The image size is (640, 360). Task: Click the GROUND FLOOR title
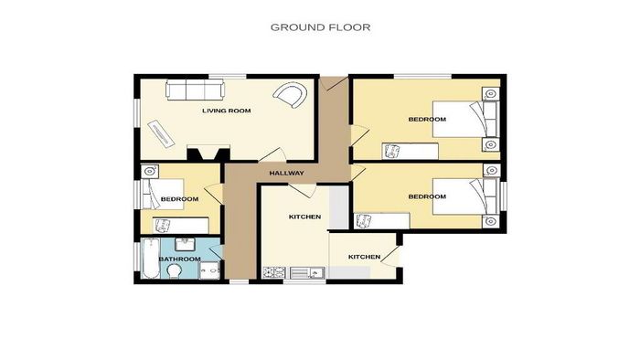[320, 27]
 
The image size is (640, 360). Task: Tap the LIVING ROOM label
[227, 111]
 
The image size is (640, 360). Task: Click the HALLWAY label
[286, 173]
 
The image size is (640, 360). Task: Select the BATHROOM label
[179, 259]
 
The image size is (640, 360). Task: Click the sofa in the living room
[195, 90]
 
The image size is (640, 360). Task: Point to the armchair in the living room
[290, 95]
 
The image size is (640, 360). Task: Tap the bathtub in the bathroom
[150, 259]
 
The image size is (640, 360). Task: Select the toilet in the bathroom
[175, 270]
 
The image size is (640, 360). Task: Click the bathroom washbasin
[187, 244]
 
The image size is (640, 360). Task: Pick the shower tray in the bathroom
[209, 270]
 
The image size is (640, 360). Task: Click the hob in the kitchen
[274, 273]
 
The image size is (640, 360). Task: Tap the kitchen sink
[308, 273]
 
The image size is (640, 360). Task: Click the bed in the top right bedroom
[466, 119]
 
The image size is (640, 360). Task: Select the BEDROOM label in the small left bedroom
[179, 199]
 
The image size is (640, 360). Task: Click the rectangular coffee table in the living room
[161, 132]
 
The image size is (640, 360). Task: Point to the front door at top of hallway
[334, 83]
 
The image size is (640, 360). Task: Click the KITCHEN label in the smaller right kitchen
[364, 257]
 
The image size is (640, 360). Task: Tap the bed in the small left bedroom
[163, 194]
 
